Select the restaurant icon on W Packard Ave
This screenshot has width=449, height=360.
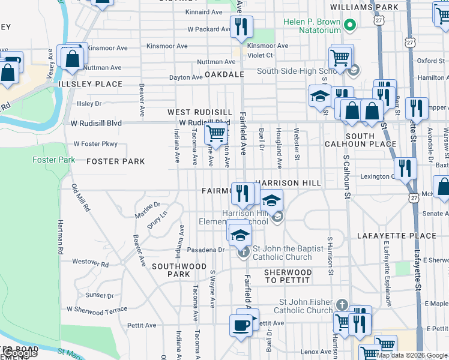pyautogui.click(x=241, y=27)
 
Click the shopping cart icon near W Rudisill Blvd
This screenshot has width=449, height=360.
pyautogui.click(x=216, y=134)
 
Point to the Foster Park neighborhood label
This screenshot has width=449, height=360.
pyautogui.click(x=116, y=161)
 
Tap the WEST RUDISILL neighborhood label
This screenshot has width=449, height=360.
pyautogui.click(x=199, y=112)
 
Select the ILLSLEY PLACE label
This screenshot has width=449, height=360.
pyautogui.click(x=91, y=84)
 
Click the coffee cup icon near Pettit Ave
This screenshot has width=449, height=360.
pyautogui.click(x=241, y=326)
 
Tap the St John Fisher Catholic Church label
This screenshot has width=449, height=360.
pyautogui.click(x=303, y=306)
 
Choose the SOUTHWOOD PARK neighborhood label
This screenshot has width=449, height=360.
pyautogui.click(x=179, y=270)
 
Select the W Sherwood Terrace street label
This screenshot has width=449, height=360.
pyautogui.click(x=97, y=309)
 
